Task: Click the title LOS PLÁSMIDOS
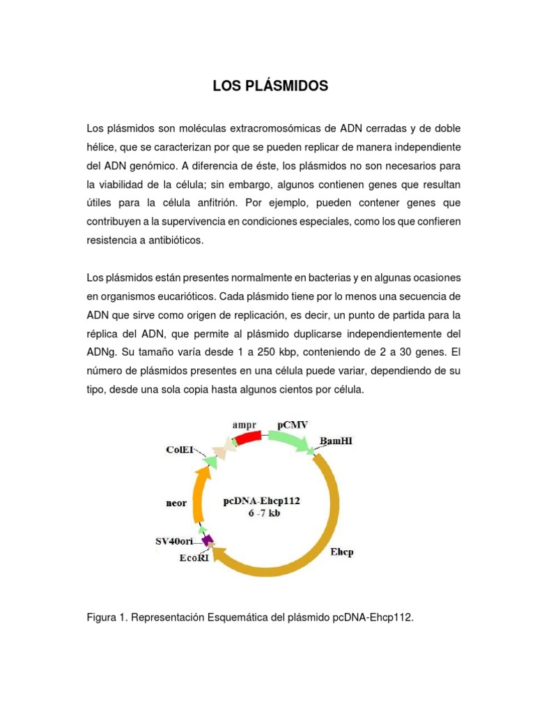[x=270, y=86]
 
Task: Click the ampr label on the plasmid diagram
[x=245, y=423]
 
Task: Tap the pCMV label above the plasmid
[x=292, y=423]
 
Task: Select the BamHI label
[x=336, y=441]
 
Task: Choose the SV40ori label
[x=174, y=541]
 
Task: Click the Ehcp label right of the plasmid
[x=341, y=553]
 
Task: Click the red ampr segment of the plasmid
[x=247, y=438]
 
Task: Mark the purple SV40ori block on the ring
[x=207, y=540]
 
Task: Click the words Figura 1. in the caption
[x=107, y=618]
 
